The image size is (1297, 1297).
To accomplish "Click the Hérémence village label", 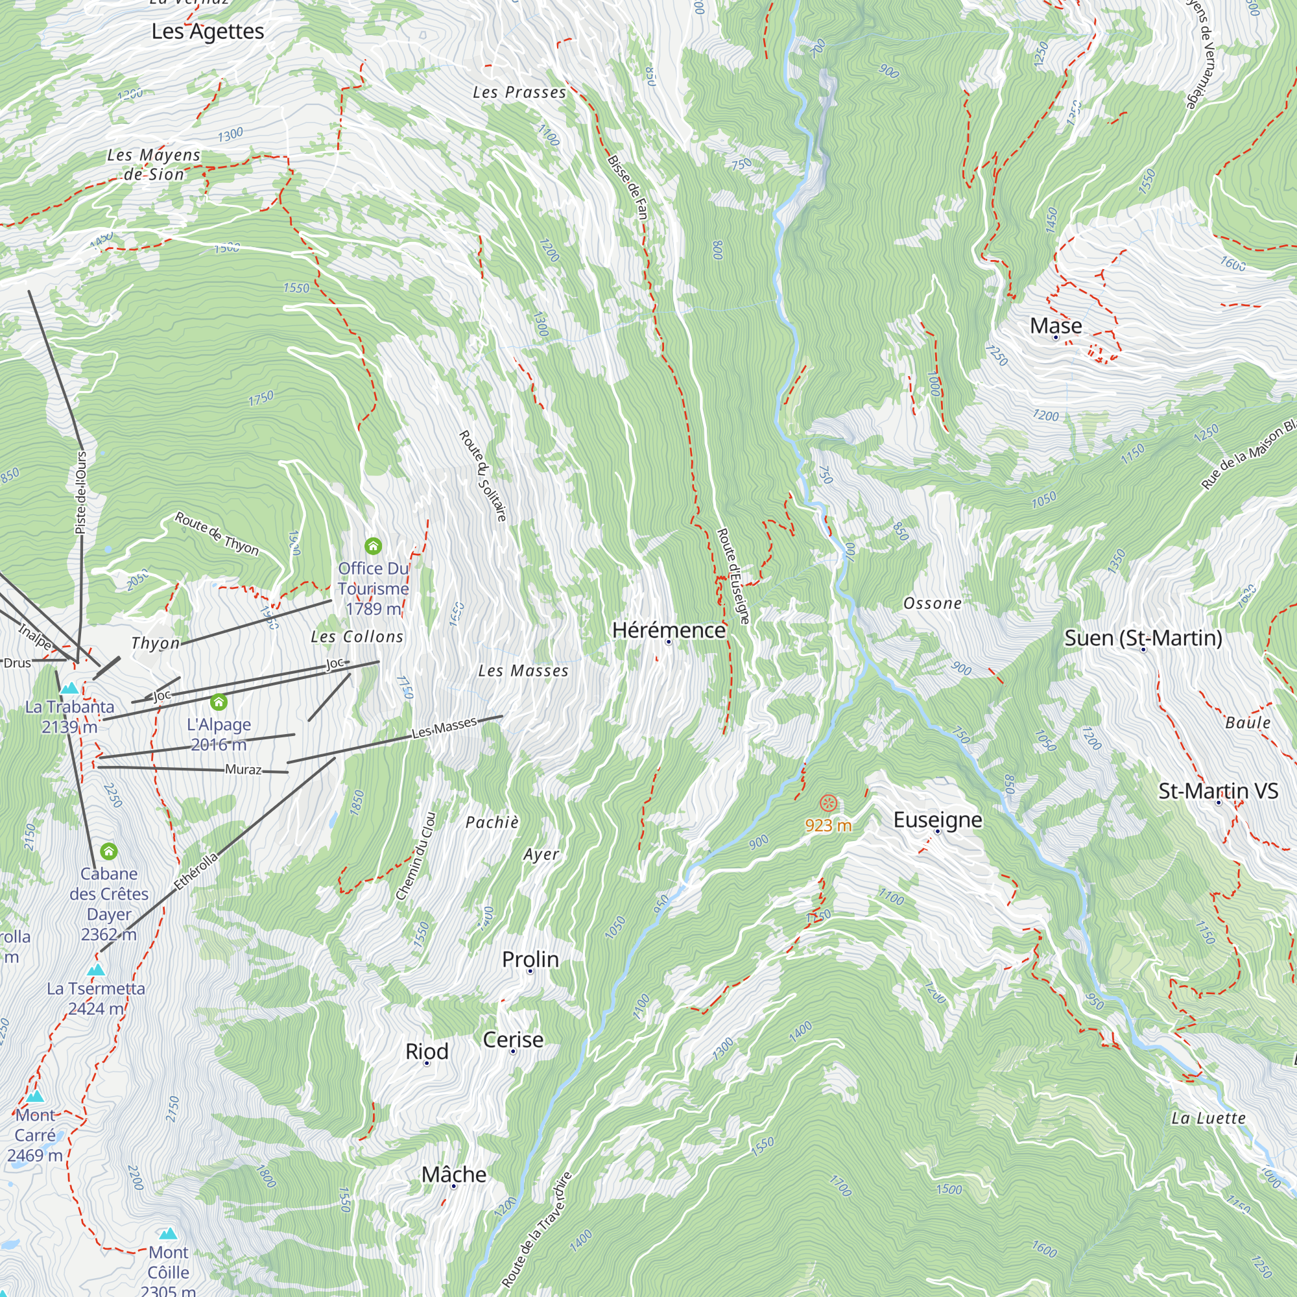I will click(669, 630).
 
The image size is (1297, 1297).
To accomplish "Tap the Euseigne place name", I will click(937, 820).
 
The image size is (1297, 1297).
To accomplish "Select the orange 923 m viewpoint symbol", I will click(828, 803).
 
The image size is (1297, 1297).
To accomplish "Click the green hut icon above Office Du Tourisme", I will click(374, 546).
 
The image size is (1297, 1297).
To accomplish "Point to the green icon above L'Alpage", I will click(219, 702).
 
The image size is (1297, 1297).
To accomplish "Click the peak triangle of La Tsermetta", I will click(96, 970).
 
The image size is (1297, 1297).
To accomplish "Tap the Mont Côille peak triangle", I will click(168, 1234).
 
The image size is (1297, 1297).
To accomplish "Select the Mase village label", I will click(1055, 326).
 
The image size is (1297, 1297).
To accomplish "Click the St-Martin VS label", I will click(1218, 791).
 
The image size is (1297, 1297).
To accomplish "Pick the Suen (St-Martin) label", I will click(1143, 637).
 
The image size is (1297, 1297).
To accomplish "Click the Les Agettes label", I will click(208, 32).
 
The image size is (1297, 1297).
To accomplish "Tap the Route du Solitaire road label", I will click(482, 476).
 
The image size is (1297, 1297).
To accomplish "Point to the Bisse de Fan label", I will click(628, 187).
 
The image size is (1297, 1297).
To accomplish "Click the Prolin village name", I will click(530, 959).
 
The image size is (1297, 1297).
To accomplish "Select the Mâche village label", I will click(454, 1174).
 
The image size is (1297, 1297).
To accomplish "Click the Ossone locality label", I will click(932, 604).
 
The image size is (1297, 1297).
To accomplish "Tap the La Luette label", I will click(1208, 1119).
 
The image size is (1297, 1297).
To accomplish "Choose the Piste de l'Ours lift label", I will click(81, 493).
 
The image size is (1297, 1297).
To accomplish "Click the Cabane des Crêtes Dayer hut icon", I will click(109, 851).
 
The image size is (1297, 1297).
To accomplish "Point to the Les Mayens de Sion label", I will click(154, 165).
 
